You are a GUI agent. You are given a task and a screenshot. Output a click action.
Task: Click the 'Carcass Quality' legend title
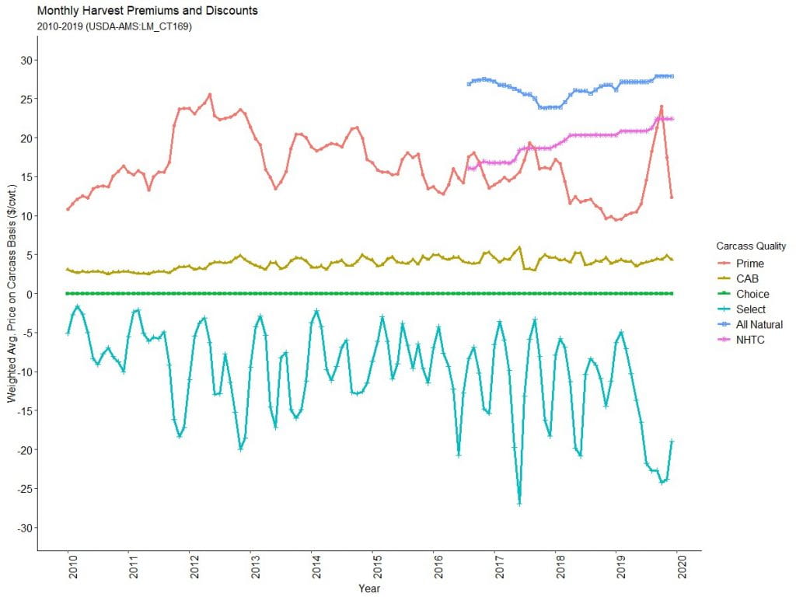coord(751,246)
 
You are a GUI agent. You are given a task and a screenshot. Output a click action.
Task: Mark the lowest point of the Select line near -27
coord(519,504)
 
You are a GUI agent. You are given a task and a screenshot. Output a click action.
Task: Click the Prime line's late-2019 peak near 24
coord(662,106)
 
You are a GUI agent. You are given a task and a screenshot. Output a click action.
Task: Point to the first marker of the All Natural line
coord(469,84)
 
